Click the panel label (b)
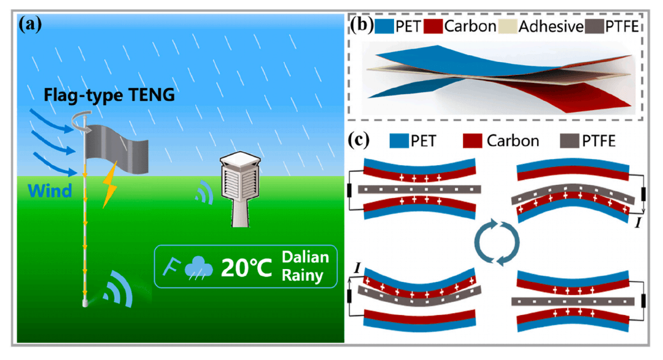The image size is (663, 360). (360, 25)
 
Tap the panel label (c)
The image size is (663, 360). (360, 141)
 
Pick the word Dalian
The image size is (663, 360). (306, 257)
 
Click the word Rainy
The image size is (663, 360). (302, 275)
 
